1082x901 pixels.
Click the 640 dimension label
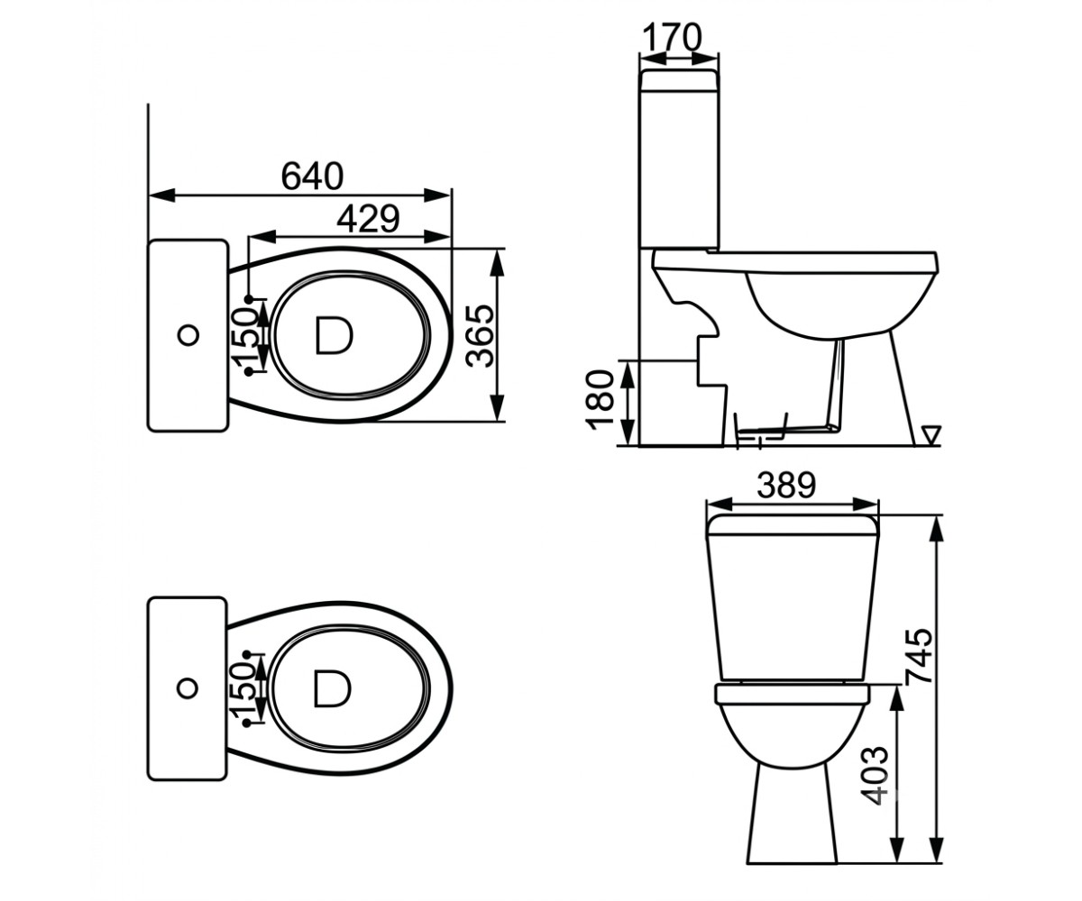pyautogui.click(x=312, y=176)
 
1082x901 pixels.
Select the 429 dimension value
pyautogui.click(x=368, y=219)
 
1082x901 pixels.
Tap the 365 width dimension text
pyautogui.click(x=480, y=336)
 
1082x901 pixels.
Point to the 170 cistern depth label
pyautogui.click(x=672, y=37)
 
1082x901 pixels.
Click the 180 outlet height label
pyautogui.click(x=600, y=400)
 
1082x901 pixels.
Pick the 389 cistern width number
pyautogui.click(x=786, y=486)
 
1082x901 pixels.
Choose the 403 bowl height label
pyautogui.click(x=875, y=775)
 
